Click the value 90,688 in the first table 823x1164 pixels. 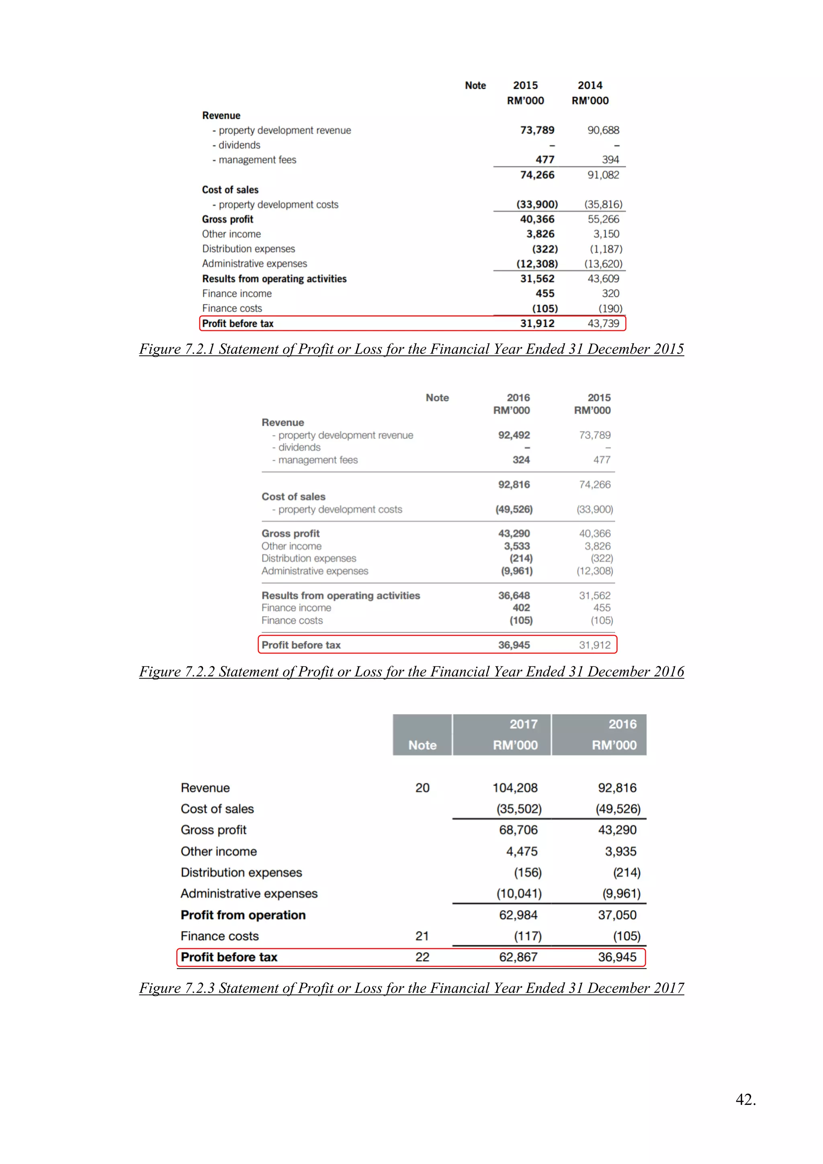click(603, 130)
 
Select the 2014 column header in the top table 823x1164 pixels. click(590, 85)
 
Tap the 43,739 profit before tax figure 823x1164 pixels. click(603, 324)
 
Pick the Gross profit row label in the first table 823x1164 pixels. click(227, 219)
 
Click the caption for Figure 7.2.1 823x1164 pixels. click(411, 349)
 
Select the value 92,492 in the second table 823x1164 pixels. click(514, 435)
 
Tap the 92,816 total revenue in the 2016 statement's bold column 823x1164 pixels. click(514, 485)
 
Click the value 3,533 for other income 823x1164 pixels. click(516, 546)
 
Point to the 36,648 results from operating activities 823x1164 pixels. click(514, 596)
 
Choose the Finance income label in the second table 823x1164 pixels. click(297, 608)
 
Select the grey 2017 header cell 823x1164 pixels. click(502, 735)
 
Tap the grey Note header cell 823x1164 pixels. click(422, 735)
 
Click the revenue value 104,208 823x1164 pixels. click(515, 788)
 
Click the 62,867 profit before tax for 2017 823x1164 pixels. click(518, 957)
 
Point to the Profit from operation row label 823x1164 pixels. click(243, 915)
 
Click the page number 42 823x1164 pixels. click(745, 1100)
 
